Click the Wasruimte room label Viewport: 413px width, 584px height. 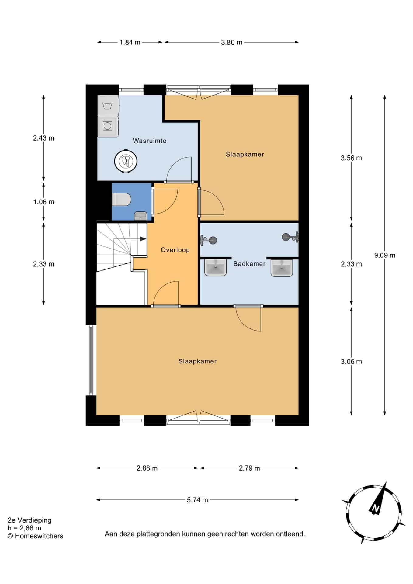[x=149, y=141]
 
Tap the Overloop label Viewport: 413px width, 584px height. [x=175, y=250]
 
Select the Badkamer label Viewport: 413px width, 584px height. [x=249, y=264]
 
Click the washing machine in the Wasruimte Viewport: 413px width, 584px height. [x=107, y=126]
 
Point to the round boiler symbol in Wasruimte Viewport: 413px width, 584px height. [x=126, y=161]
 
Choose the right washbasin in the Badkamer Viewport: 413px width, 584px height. [x=282, y=268]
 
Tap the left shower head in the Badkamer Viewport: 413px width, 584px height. [x=209, y=240]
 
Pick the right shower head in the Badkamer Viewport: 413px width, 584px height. [x=290, y=236]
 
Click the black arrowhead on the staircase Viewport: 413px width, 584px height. [x=143, y=239]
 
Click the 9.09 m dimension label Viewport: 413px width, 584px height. [x=385, y=255]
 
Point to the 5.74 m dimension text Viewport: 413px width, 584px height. [x=197, y=500]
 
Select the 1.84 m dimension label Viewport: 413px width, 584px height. [x=130, y=42]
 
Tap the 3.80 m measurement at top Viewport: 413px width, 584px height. [x=232, y=42]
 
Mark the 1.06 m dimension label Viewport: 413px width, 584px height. [x=43, y=202]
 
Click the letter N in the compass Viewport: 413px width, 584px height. [x=376, y=508]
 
